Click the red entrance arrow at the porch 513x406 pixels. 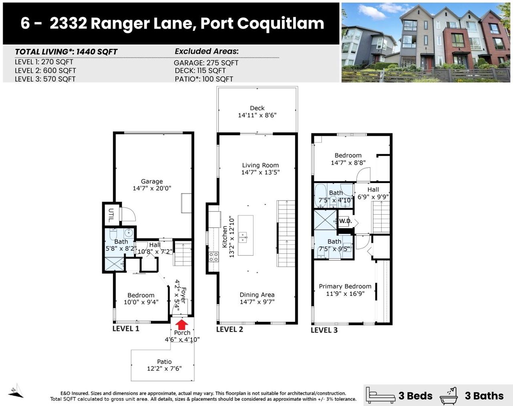click(x=182, y=324)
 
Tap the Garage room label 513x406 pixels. click(x=152, y=181)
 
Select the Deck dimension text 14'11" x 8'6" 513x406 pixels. click(x=257, y=115)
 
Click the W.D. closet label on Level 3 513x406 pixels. click(x=345, y=221)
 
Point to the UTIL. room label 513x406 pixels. click(x=111, y=215)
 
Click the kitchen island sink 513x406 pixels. click(x=242, y=237)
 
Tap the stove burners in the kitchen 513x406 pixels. click(x=214, y=257)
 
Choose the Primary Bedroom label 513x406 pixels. click(x=345, y=286)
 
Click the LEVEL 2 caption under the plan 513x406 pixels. click(x=230, y=329)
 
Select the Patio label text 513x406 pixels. click(x=164, y=362)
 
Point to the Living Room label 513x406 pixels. click(x=261, y=165)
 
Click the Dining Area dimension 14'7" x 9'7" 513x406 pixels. click(x=257, y=302)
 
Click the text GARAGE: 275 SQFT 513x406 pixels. click(x=206, y=63)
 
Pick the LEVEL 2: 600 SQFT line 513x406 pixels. click(x=45, y=70)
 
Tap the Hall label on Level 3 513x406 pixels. click(x=373, y=189)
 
